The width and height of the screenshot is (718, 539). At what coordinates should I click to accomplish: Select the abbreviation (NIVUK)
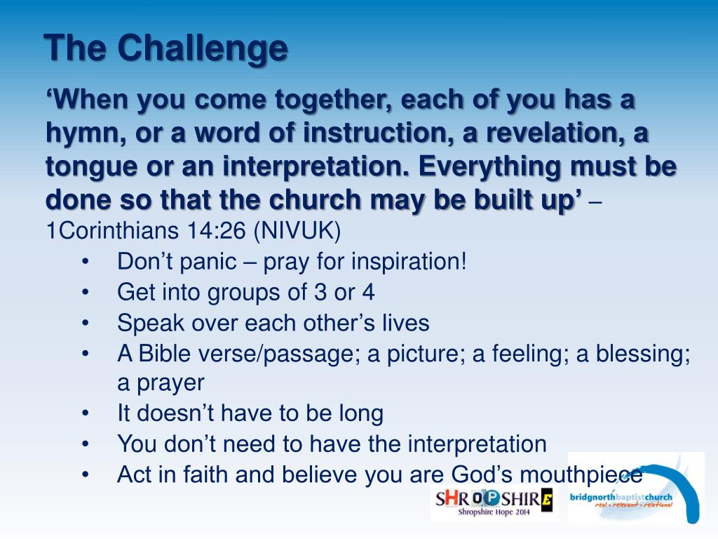pos(297,231)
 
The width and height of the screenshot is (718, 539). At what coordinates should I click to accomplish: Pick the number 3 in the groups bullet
pos(320,293)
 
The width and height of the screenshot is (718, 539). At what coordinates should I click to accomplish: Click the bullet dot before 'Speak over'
pos(85,324)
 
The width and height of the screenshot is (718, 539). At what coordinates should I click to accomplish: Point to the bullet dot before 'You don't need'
pos(85,444)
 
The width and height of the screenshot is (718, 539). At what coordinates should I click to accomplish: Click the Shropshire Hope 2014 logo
pos(494,503)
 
